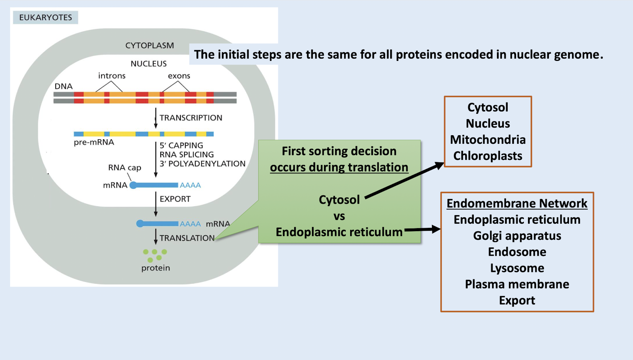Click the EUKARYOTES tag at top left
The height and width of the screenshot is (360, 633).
[x=46, y=18]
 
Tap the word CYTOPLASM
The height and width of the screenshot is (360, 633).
[x=149, y=46]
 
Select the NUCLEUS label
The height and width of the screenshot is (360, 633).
[x=149, y=64]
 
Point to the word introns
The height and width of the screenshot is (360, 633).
[x=112, y=76]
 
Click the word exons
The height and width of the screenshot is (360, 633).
[x=179, y=76]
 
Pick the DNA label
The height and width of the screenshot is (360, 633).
[x=64, y=86]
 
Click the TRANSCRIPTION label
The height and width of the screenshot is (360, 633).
[x=191, y=118]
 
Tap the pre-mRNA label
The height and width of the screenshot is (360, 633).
[x=94, y=142]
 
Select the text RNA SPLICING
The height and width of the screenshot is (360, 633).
[x=186, y=155]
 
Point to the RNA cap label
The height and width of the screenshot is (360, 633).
[x=124, y=168]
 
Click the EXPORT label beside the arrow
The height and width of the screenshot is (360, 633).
[x=175, y=199]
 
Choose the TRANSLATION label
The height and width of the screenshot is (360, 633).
[x=187, y=238]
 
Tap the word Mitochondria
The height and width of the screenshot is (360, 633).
[x=488, y=140]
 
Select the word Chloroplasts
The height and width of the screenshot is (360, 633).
[x=488, y=156]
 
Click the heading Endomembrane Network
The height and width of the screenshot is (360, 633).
[x=517, y=204]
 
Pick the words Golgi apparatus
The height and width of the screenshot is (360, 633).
[x=517, y=236]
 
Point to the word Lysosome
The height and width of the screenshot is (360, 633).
[x=517, y=268]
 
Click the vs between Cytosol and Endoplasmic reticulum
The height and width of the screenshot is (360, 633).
[x=339, y=216]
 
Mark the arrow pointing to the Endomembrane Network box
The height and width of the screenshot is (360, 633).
[x=422, y=229]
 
